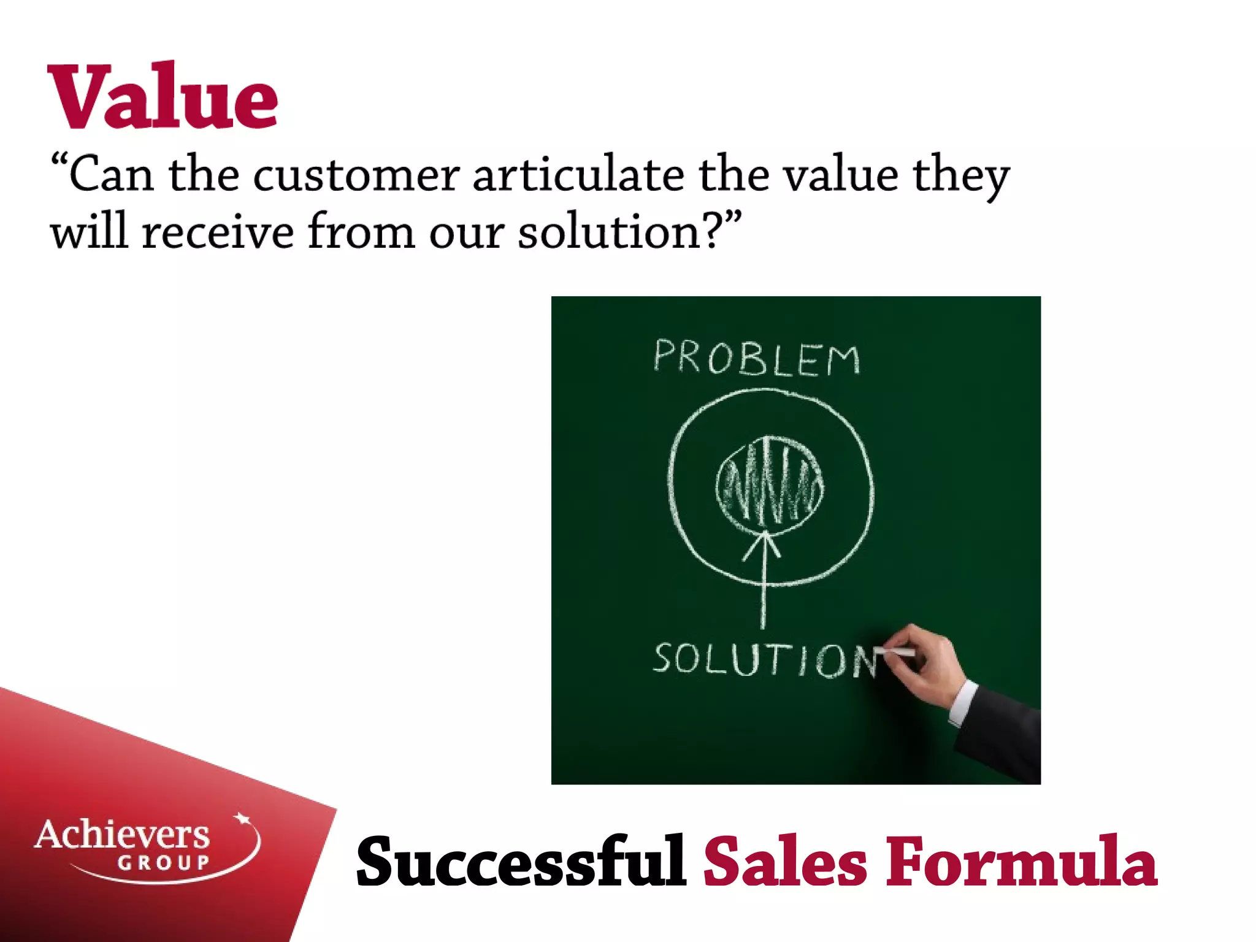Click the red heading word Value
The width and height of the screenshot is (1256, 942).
click(x=163, y=97)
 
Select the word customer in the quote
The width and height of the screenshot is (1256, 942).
click(x=356, y=175)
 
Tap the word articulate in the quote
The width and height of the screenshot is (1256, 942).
click(x=578, y=174)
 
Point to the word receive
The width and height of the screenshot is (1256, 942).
click(x=218, y=232)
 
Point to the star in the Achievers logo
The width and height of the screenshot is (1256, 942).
click(x=243, y=819)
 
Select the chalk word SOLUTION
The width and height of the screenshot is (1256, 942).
click(x=764, y=660)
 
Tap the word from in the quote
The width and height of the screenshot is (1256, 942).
click(x=361, y=232)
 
